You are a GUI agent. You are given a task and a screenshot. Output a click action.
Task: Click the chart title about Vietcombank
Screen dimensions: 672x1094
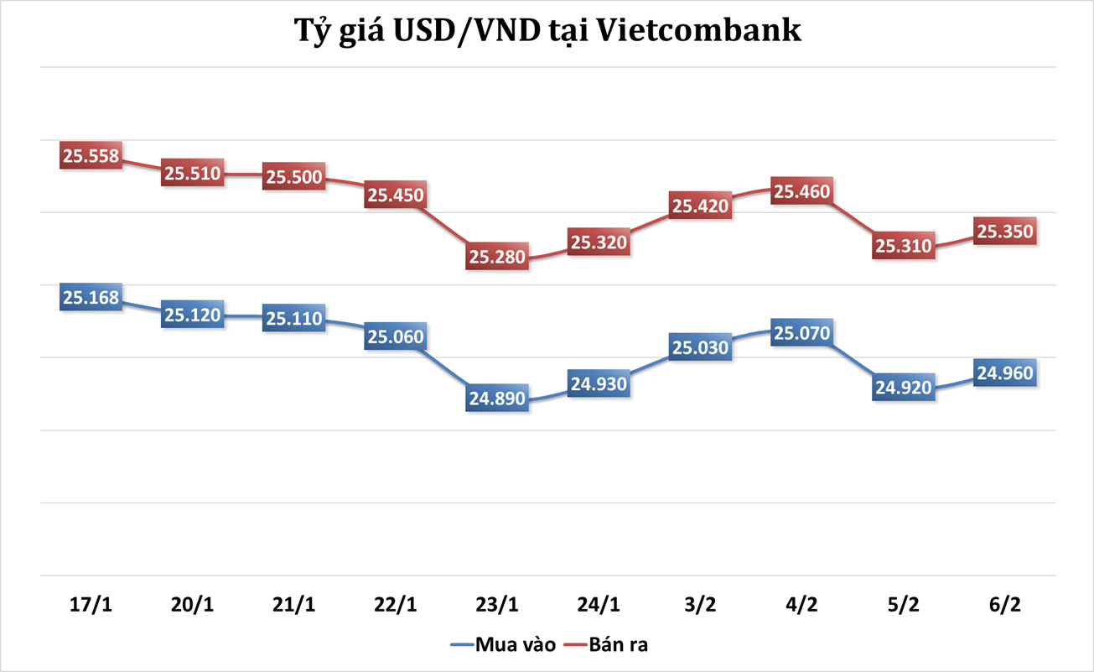[x=547, y=32]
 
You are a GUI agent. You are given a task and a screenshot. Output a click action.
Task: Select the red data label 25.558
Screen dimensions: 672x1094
[x=91, y=156]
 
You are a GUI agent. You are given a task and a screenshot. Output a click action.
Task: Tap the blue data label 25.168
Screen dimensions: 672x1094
[x=91, y=298]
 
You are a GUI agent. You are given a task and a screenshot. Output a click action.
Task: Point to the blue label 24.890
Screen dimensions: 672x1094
[x=497, y=399]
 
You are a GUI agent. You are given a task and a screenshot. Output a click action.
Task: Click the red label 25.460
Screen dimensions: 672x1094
[x=801, y=192]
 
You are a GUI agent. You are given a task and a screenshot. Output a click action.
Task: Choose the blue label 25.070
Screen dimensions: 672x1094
[x=801, y=334]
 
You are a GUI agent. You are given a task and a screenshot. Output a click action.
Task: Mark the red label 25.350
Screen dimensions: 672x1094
[x=1004, y=231]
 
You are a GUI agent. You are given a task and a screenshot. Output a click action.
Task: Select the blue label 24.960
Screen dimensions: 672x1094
[x=1004, y=372]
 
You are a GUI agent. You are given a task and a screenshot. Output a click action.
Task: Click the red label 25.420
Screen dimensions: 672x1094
[x=700, y=206]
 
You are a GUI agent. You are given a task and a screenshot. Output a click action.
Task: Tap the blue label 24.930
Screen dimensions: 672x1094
[x=599, y=384]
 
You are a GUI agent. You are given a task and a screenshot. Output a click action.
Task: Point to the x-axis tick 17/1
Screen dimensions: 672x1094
[x=91, y=604]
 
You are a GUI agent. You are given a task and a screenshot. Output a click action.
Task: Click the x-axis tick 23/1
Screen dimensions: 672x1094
[x=497, y=604]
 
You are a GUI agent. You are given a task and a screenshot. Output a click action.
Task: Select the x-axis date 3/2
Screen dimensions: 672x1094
[x=700, y=604]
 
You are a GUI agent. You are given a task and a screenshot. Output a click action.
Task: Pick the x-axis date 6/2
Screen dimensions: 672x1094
[x=1004, y=604]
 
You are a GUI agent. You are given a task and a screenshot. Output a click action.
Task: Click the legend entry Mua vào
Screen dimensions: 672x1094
[x=503, y=645]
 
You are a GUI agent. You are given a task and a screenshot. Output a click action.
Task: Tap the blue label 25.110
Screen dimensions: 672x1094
[x=294, y=319]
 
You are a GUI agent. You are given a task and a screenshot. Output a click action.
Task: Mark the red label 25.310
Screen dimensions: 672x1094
[x=903, y=246]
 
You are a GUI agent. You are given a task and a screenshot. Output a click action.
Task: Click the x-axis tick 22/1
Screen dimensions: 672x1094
[x=396, y=604]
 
